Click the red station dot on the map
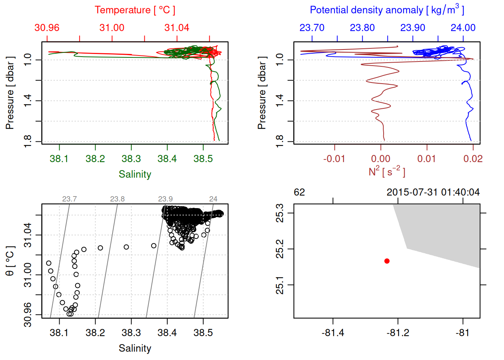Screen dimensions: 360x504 tap(387, 261)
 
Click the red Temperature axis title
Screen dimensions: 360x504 tap(135, 10)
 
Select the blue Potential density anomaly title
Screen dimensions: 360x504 tap(387, 10)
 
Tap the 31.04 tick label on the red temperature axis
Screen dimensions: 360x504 tap(177, 28)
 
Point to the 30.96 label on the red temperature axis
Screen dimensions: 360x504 tap(47, 28)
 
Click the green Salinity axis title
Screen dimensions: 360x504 tap(135, 174)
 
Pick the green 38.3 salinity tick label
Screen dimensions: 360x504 tap(131, 159)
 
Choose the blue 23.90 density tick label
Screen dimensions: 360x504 tap(413, 28)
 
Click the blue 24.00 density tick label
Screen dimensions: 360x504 tap(463, 28)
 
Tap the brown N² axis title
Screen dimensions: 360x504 tap(387, 171)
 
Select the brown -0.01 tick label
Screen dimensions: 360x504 tap(334, 159)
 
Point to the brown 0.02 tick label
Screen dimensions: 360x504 tap(473, 159)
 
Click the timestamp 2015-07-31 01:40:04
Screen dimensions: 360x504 tap(433, 192)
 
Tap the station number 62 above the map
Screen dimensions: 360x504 tap(299, 192)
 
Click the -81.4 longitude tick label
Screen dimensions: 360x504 tap(333, 333)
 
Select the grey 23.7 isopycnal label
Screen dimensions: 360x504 tap(69, 199)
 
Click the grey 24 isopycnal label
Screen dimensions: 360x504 tap(213, 199)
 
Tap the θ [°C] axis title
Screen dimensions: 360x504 tap(10, 261)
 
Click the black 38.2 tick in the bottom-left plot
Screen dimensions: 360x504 tap(95, 333)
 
